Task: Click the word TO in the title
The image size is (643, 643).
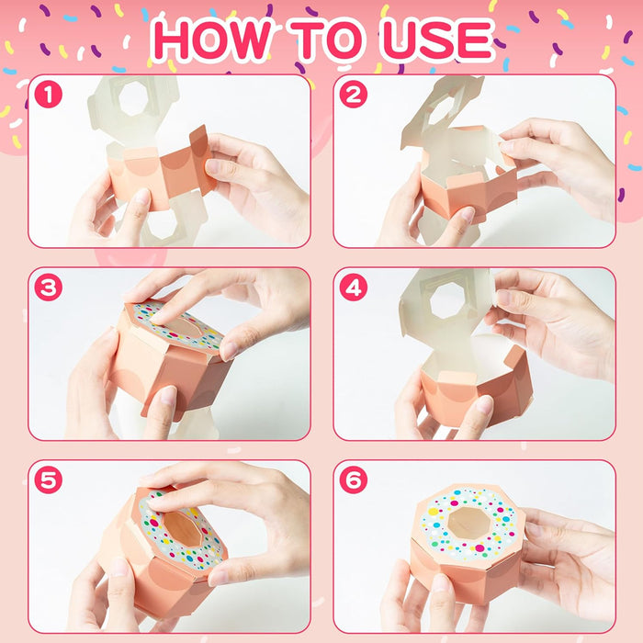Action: [330, 40]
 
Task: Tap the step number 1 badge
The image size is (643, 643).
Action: [46, 93]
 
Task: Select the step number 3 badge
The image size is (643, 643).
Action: [46, 286]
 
